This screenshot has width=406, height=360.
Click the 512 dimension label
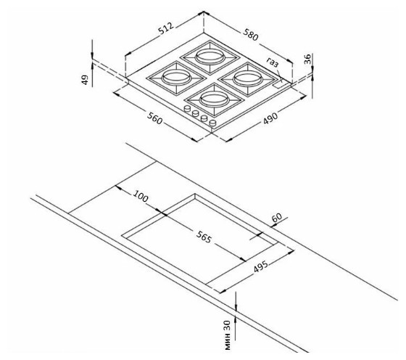tap(166, 28)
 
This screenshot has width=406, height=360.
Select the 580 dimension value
tap(251, 35)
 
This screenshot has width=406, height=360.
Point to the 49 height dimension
tap(85, 80)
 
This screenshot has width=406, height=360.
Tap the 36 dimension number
tap(307, 59)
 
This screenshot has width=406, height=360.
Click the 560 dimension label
tap(155, 118)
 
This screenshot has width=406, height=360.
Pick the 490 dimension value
tap(270, 118)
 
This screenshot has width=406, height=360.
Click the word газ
tap(273, 62)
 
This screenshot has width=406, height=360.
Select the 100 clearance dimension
tap(141, 196)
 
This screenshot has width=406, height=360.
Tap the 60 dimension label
tap(277, 217)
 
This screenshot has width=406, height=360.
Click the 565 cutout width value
tap(204, 237)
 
